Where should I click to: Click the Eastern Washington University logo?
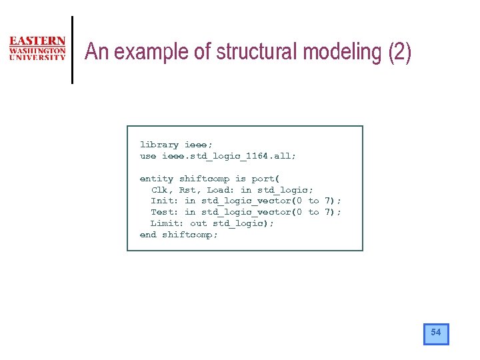click(x=37, y=49)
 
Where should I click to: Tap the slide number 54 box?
click(x=436, y=333)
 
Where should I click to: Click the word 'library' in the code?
click(x=159, y=145)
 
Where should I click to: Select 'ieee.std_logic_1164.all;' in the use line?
click(x=229, y=156)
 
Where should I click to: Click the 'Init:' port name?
click(x=165, y=201)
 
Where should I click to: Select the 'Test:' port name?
click(x=165, y=212)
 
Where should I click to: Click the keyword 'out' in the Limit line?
click(x=199, y=223)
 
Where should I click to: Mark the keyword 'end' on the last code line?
click(x=148, y=235)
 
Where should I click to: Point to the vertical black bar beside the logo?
click(x=71, y=49)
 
